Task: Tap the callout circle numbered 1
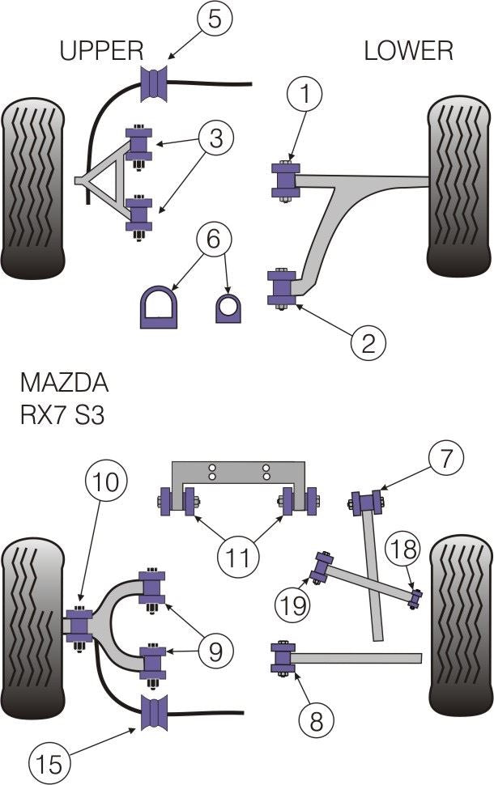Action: pos(305,95)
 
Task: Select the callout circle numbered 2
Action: pos(368,345)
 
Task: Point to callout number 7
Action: pos(448,459)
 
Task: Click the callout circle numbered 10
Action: pos(104,483)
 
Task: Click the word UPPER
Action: pos(101,51)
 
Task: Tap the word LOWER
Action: pos(408,51)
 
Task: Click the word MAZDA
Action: pos(63,381)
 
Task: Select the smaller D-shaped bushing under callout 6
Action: pos(228,308)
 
